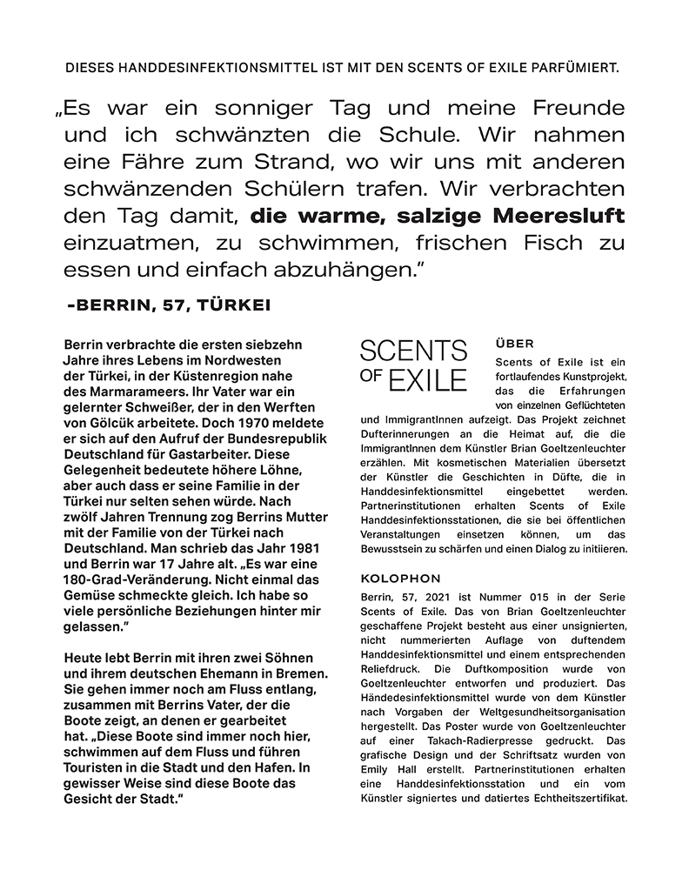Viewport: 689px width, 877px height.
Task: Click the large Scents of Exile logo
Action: pos(413,365)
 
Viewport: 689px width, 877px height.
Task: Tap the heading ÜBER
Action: pos(514,344)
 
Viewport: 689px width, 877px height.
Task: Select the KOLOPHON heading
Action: pos(394,579)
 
